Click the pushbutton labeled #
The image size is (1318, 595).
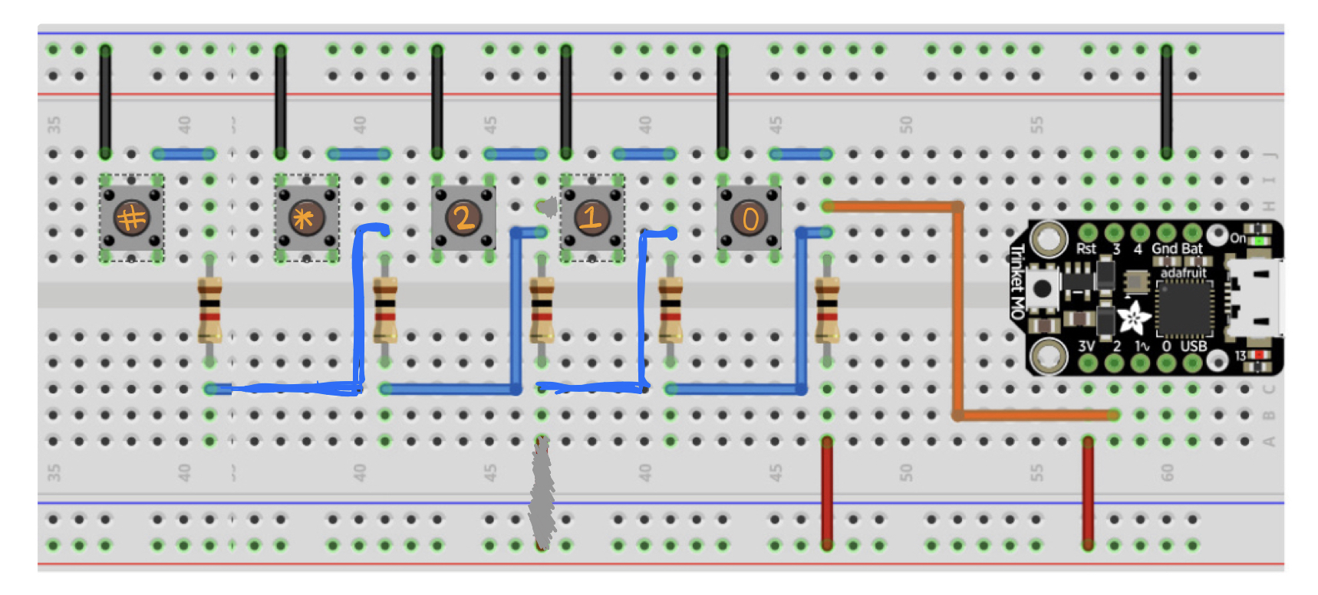[131, 218]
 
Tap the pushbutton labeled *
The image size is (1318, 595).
[305, 218]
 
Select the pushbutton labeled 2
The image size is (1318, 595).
[463, 218]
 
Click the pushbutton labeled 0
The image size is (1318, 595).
[749, 218]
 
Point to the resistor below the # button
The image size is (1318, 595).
[209, 310]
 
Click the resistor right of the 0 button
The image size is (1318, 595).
[826, 310]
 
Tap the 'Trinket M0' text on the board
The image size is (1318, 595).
[1017, 281]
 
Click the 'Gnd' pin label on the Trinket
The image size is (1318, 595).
[1164, 248]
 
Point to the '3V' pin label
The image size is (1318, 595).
[1086, 346]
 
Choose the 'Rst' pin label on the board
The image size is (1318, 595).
[1086, 248]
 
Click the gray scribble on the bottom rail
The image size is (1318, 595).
[542, 491]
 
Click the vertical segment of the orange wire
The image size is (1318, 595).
[957, 310]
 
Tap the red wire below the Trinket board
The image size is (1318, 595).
[1088, 491]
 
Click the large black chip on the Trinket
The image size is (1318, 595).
[1184, 308]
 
